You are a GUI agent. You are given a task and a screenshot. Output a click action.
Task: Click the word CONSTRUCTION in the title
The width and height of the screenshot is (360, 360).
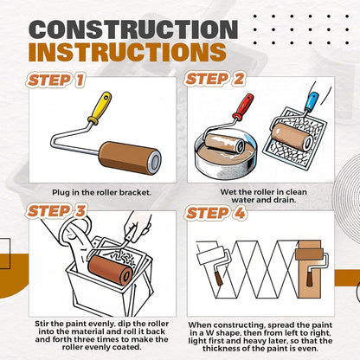[133, 29]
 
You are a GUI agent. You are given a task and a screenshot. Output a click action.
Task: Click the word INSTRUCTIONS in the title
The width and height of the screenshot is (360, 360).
[127, 52]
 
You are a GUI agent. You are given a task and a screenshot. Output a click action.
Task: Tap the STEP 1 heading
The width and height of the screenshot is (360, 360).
[56, 80]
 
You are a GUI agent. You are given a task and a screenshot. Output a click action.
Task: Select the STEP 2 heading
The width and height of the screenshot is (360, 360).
[215, 79]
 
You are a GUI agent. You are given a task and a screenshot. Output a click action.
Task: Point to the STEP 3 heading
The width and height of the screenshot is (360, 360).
[56, 211]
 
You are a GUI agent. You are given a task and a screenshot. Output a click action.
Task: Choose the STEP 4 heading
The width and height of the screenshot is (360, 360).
[215, 213]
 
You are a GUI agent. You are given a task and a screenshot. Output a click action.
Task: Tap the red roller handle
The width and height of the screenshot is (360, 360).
[243, 106]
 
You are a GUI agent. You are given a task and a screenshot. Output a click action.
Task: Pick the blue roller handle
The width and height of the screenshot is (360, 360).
[312, 101]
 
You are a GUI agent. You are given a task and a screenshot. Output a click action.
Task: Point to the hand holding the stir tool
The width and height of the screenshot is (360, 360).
[138, 226]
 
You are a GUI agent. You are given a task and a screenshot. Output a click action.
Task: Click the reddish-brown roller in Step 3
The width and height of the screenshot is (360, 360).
[111, 270]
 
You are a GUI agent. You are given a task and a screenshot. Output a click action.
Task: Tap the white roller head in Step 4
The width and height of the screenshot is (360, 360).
[210, 254]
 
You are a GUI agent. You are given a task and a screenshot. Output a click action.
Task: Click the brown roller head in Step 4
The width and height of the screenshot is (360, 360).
[309, 254]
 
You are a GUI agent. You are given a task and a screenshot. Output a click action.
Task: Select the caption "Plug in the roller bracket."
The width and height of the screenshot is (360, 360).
[102, 192]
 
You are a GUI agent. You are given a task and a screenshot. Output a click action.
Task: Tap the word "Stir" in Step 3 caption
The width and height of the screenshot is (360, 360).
[42, 324]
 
